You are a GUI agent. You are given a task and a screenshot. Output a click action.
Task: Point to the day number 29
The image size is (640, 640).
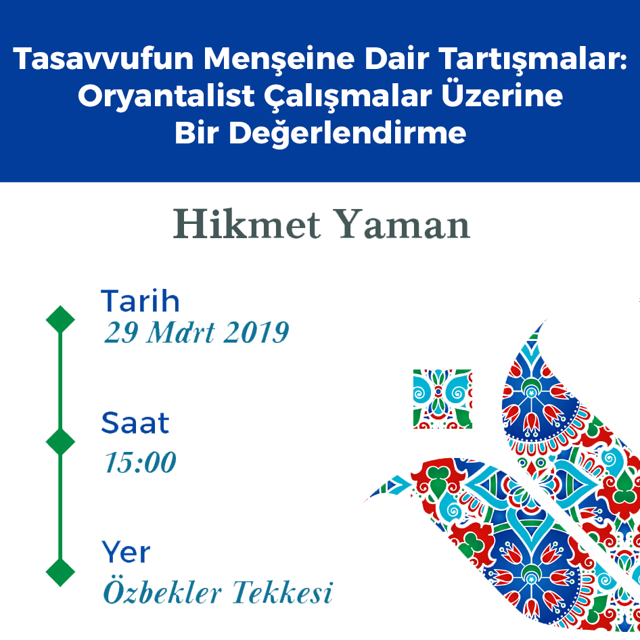point(119,333)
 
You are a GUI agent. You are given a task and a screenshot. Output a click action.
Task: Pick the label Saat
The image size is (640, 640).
point(135,424)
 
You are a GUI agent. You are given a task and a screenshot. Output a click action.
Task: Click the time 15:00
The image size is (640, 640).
point(140,463)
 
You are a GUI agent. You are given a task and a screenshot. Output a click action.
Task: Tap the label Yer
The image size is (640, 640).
point(126,553)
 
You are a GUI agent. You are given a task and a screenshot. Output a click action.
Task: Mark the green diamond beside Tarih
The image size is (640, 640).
point(60,319)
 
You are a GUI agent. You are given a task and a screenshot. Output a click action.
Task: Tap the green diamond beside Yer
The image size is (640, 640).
point(60,571)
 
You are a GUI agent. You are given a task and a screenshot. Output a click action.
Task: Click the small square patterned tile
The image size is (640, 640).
point(442,399)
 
